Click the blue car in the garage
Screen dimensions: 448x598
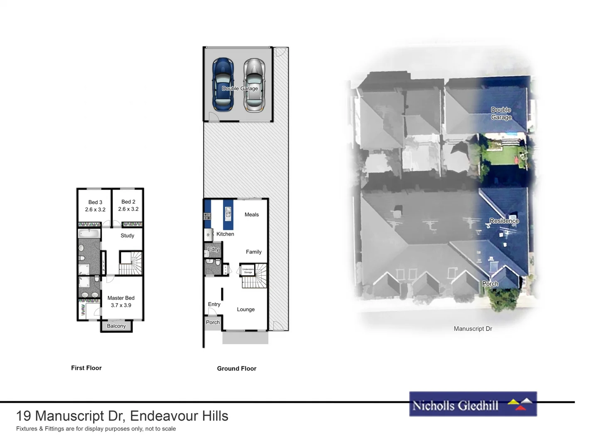(223, 85)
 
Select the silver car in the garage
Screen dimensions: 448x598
(254, 85)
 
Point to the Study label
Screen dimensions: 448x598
(127, 236)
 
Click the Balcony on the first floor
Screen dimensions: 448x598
(116, 326)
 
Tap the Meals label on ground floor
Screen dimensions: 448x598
(252, 214)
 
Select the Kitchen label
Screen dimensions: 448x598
(225, 234)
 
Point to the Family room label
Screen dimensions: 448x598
(254, 252)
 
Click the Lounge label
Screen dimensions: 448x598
(246, 309)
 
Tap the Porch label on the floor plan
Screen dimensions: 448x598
(213, 322)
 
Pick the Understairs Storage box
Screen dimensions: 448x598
(248, 270)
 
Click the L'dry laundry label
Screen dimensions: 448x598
(213, 249)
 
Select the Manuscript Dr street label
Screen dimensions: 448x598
(473, 329)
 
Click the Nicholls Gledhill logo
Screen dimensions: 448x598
(473, 404)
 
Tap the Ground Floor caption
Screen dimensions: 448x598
(237, 368)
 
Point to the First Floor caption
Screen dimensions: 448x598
(86, 368)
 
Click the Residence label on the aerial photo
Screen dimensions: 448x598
(504, 221)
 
